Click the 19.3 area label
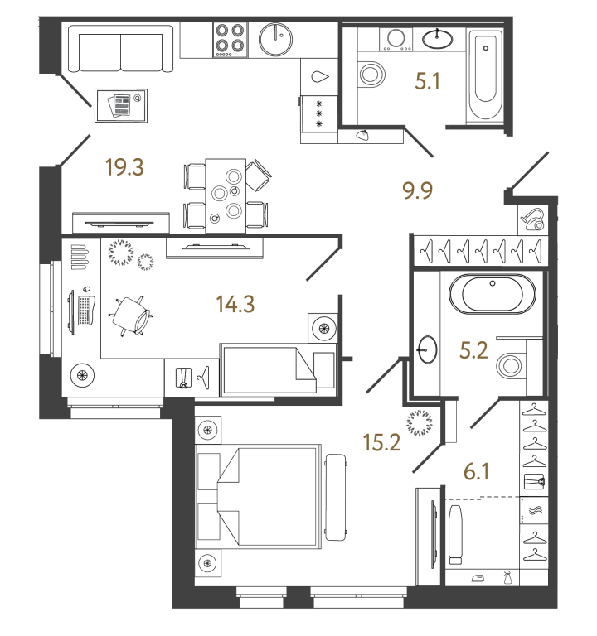pyautogui.click(x=125, y=168)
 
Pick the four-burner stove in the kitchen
pyautogui.click(x=231, y=38)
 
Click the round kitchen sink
pyautogui.click(x=275, y=38)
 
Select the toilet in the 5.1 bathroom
pyautogui.click(x=371, y=75)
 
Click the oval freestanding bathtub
pyautogui.click(x=492, y=294)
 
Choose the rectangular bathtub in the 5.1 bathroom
pyautogui.click(x=484, y=76)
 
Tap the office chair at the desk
pyautogui.click(x=133, y=315)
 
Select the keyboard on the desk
pyautogui.click(x=85, y=310)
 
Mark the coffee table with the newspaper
pyautogui.click(x=121, y=106)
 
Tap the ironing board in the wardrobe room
pyautogui.click(x=455, y=535)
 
